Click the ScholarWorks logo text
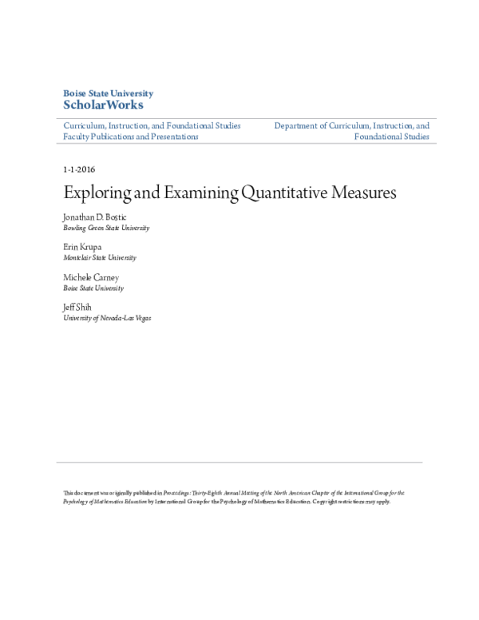click(103, 105)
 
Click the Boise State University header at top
click(108, 93)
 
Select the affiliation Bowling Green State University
click(106, 228)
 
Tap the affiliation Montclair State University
click(100, 258)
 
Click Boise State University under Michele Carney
click(93, 288)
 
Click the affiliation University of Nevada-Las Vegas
click(107, 318)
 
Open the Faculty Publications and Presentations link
click(131, 137)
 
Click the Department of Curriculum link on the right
click(351, 125)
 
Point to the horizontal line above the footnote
click(239, 462)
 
